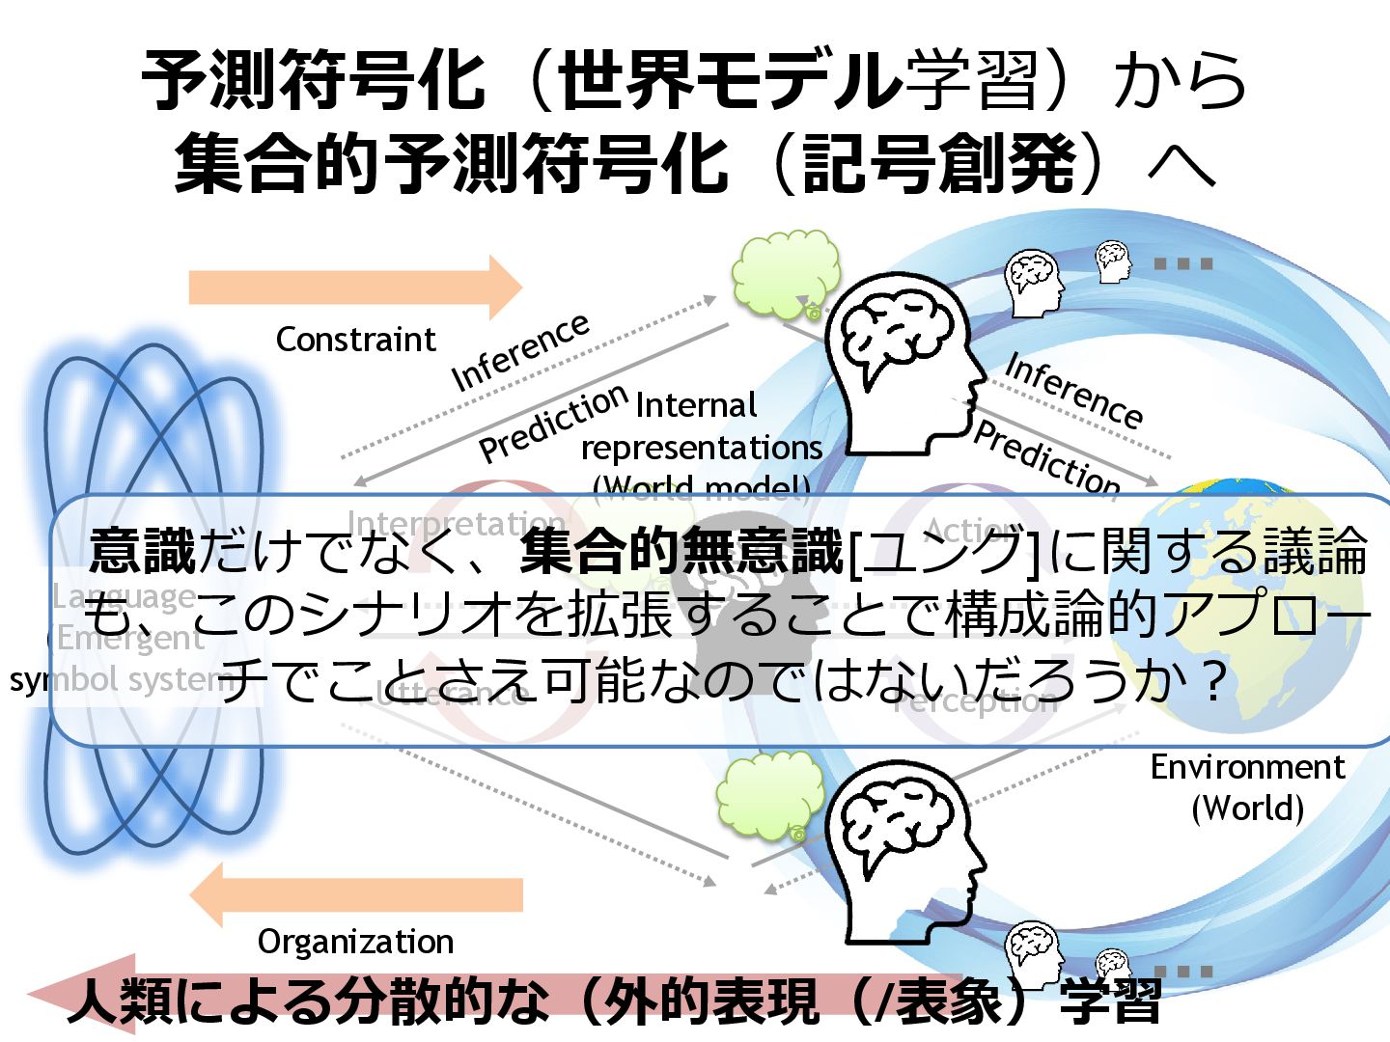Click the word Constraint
[355, 340]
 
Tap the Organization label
[355, 941]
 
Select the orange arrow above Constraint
[355, 287]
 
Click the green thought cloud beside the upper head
[784, 273]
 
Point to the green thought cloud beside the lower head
[768, 794]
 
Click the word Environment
[1247, 767]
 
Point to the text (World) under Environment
[1247, 808]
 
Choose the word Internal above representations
[696, 405]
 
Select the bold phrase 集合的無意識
[681, 551]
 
